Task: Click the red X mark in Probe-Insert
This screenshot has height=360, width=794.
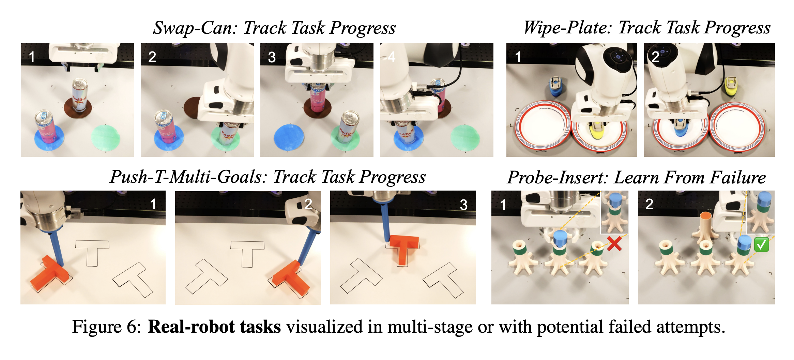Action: pyautogui.click(x=614, y=244)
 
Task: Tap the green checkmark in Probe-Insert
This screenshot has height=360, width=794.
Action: pyautogui.click(x=761, y=244)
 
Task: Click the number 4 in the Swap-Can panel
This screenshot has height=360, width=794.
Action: pyautogui.click(x=392, y=57)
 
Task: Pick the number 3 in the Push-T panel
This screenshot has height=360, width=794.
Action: pyautogui.click(x=463, y=205)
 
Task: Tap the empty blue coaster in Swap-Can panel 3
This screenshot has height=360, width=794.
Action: pyautogui.click(x=289, y=138)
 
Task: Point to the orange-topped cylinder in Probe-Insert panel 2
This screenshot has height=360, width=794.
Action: pyautogui.click(x=706, y=227)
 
